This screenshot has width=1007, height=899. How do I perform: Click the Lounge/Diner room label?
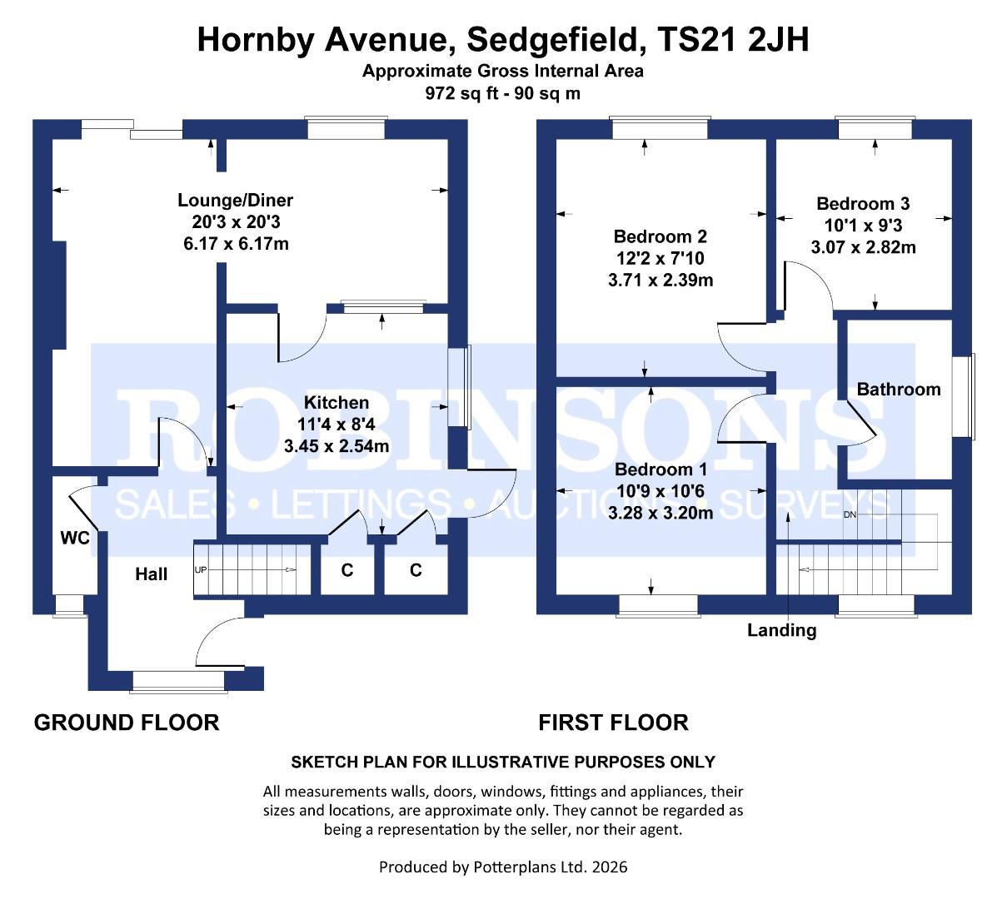tap(235, 201)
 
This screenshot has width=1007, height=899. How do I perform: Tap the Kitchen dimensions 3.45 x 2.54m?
tap(336, 446)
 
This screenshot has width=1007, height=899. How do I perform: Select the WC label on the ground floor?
tap(74, 539)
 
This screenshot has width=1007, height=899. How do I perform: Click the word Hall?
tap(152, 574)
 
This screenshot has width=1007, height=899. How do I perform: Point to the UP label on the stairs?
tap(201, 570)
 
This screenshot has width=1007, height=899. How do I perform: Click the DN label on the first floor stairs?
tap(850, 514)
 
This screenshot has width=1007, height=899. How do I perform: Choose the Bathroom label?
tap(898, 389)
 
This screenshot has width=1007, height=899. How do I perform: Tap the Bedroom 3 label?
tap(863, 204)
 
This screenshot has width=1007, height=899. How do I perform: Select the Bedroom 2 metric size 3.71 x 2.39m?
tap(661, 281)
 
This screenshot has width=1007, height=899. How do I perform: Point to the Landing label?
tap(781, 630)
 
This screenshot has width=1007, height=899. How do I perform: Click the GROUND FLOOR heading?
tap(127, 723)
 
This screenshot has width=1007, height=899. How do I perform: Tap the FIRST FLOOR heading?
tap(613, 723)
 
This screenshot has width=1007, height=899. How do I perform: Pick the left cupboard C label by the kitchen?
tap(347, 570)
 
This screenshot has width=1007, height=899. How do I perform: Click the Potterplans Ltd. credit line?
tap(503, 867)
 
